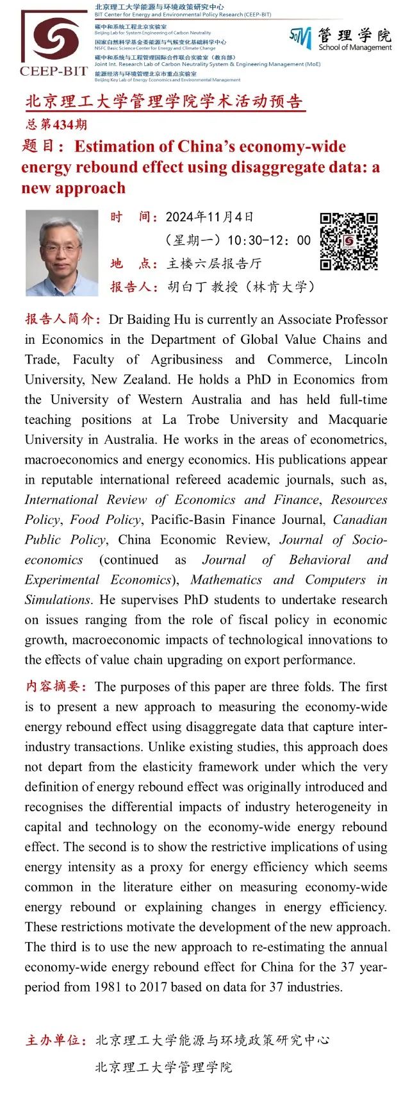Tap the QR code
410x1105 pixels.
(348, 241)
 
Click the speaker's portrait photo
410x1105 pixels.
(61, 253)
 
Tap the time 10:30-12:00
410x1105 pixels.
(268, 240)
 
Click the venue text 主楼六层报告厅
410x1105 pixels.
(214, 264)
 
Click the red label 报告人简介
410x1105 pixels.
(63, 319)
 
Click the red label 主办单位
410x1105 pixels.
(56, 1040)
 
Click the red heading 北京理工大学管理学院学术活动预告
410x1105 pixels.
(163, 102)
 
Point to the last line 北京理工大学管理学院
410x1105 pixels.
(163, 1067)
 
